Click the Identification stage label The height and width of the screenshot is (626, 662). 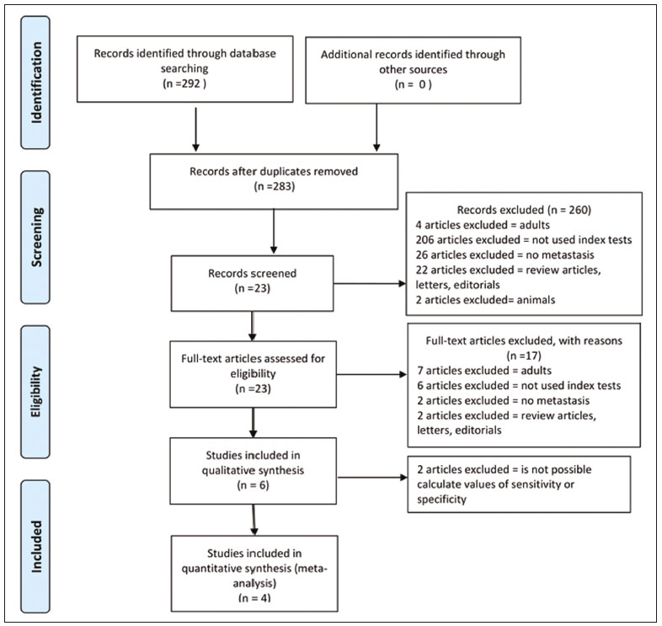click(x=35, y=83)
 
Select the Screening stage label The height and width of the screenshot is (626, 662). click(x=35, y=238)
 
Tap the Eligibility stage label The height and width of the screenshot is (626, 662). click(x=35, y=392)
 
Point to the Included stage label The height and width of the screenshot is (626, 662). click(x=35, y=546)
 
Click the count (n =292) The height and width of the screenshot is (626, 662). click(x=185, y=83)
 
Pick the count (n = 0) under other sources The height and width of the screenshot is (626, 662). click(x=413, y=84)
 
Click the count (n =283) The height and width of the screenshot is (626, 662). click(x=274, y=186)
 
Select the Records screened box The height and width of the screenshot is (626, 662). click(x=252, y=283)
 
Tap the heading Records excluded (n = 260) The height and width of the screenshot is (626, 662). click(x=524, y=210)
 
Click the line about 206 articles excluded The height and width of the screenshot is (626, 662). click(x=524, y=240)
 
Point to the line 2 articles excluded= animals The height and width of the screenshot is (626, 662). click(x=485, y=300)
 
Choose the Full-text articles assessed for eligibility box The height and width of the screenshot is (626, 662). click(x=253, y=374)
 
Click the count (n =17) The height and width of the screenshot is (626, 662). click(x=524, y=356)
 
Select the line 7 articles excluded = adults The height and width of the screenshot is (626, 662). click(x=484, y=371)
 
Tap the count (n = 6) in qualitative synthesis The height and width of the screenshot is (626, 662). click(x=253, y=485)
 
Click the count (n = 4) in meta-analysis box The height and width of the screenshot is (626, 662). click(x=254, y=597)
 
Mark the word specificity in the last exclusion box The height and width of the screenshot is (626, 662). click(x=441, y=500)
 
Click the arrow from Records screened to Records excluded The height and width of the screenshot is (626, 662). click(x=370, y=283)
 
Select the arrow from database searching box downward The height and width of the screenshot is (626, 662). click(x=195, y=129)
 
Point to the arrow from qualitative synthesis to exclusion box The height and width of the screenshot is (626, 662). click(x=372, y=478)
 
